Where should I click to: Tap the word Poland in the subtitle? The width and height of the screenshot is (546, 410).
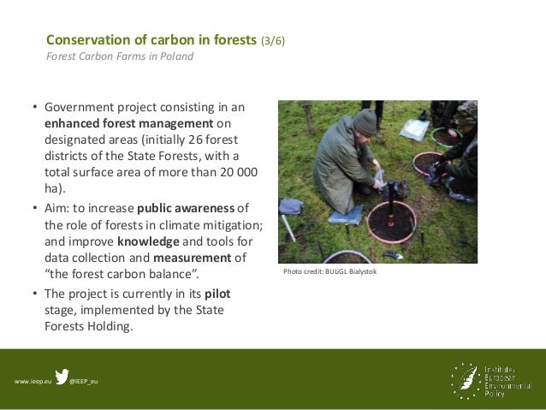pos(175,57)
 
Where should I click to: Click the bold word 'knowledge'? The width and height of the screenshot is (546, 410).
pos(148,241)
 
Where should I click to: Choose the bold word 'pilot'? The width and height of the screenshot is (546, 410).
pos(217,293)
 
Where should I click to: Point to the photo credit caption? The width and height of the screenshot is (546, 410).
pos(329,272)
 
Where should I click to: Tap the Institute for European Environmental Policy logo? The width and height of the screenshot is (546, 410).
pos(496,378)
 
